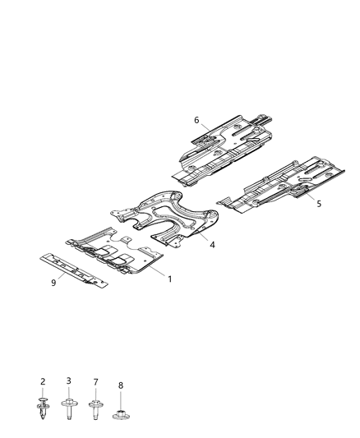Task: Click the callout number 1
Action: pos(169,279)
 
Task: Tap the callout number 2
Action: pos(43,381)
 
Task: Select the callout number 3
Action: pos(69,381)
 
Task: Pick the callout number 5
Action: pos(320,204)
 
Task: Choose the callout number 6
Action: pos(196,120)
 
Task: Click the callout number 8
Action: pos(121,384)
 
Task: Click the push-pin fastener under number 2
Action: pos(43,405)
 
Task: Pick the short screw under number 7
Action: pos(95,405)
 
